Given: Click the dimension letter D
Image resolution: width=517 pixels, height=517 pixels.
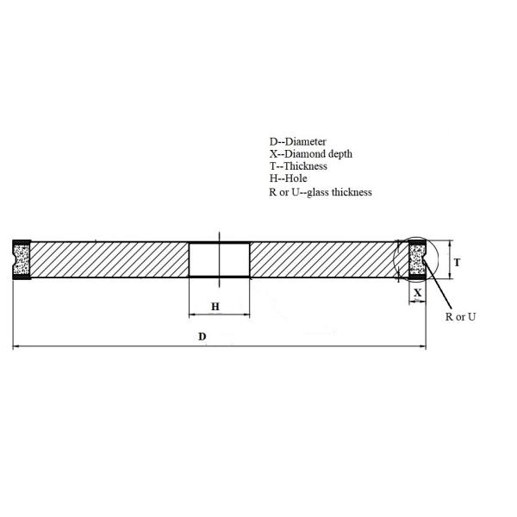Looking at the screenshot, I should point(202,336).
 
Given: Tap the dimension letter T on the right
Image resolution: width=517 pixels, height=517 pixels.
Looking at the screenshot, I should point(457,261).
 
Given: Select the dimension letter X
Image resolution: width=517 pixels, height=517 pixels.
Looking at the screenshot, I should point(418,292).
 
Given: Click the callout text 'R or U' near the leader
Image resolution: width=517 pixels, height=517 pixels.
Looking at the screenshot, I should point(461,317).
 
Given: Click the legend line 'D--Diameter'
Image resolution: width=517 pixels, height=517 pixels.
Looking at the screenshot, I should point(297,140).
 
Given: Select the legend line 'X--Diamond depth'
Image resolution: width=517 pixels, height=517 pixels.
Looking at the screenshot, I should point(310,153).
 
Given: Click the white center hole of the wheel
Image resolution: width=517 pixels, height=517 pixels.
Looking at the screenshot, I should point(219,259).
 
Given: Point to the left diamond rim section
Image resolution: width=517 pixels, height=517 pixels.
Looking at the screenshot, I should point(21,259).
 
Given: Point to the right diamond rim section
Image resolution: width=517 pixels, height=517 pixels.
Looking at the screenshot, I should point(418,259).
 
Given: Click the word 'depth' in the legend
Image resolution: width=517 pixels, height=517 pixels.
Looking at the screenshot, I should point(340,153).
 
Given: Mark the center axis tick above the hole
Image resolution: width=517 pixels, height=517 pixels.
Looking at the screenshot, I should point(220,235).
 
